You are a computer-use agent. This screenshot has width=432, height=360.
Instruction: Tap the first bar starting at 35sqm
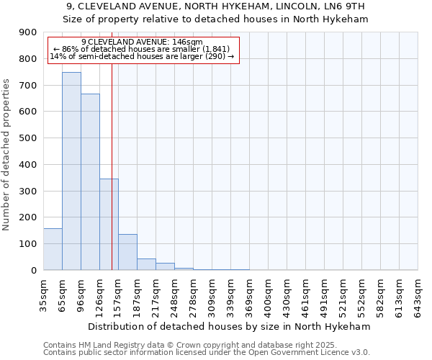[53, 249]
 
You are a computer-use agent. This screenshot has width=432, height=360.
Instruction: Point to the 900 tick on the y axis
[28, 32]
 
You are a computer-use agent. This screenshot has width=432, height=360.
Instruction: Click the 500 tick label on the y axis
[28, 138]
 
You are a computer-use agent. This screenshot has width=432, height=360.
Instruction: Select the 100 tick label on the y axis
[28, 244]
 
